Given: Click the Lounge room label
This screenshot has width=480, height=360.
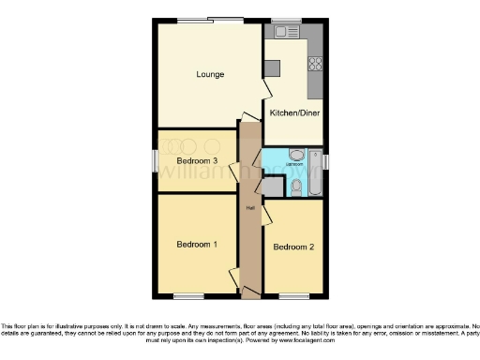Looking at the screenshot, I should point(210,74).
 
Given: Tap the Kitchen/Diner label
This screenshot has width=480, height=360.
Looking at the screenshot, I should point(292,113).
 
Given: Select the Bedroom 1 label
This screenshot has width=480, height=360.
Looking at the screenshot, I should point(197,245).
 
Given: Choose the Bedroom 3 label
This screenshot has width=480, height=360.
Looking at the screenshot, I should point(197,160).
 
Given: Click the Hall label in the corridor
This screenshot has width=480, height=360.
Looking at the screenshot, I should point(250,208).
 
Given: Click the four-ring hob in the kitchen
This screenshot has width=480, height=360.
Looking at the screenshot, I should point(315,65).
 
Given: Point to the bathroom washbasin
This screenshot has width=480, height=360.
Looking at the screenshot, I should point(295,156).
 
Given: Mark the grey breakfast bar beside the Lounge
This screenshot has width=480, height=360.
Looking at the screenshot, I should point(272,68).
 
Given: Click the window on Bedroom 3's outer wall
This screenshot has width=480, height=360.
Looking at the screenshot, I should point(156,160).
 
